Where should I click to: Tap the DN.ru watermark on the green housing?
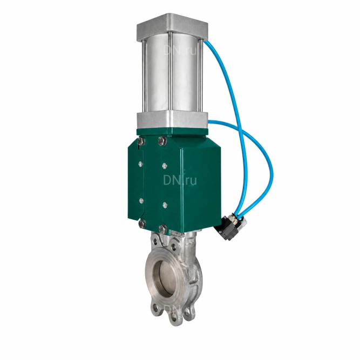point(180,180)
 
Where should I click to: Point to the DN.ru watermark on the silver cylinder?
point(180,50)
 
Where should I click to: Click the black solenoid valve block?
point(228,227)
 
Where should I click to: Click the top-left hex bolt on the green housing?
point(141,141)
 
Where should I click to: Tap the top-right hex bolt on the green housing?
point(162,140)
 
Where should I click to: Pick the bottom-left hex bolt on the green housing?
point(142,223)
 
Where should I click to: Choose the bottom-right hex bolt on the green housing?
point(163,229)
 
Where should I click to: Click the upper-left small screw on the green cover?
point(140,164)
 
